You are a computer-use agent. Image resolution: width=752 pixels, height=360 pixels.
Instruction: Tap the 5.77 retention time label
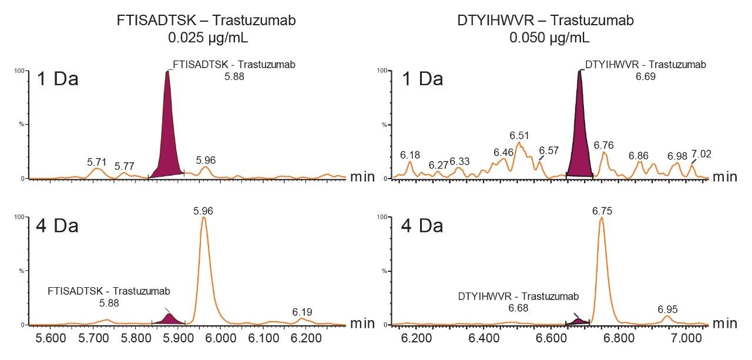click(x=125, y=166)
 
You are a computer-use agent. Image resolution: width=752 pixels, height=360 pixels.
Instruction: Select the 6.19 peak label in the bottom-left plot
click(x=302, y=311)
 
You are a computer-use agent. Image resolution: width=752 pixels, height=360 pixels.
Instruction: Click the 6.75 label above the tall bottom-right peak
click(x=602, y=211)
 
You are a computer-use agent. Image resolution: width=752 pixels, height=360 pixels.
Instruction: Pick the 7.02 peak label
click(x=701, y=154)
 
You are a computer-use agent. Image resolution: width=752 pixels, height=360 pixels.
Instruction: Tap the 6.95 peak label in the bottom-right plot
click(x=668, y=309)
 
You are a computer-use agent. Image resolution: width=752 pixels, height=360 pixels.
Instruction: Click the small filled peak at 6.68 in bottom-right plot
click(x=578, y=321)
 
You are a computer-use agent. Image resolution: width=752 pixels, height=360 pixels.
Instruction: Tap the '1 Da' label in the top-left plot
click(x=58, y=79)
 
